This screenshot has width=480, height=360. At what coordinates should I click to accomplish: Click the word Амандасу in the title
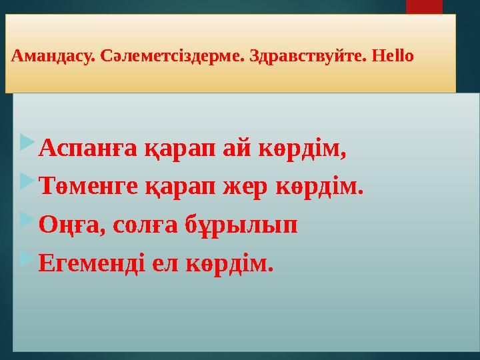(54, 55)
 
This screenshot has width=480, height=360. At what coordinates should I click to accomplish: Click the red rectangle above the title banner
(424, 7)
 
